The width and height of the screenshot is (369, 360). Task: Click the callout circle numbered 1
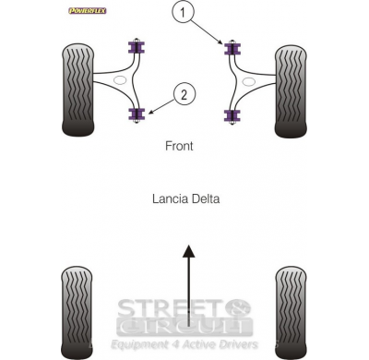(x=184, y=13)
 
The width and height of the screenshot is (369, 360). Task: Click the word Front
(x=179, y=146)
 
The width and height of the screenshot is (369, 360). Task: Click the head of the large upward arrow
(x=189, y=251)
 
